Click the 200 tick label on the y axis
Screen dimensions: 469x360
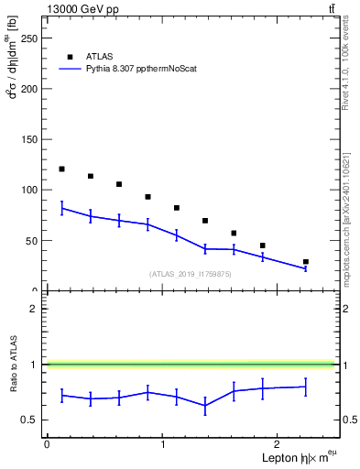tap(32, 89)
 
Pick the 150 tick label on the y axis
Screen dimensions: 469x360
tap(32, 139)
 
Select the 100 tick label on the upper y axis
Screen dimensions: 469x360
tap(32, 190)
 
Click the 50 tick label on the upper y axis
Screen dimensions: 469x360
tap(35, 240)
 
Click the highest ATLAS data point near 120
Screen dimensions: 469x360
tap(61, 169)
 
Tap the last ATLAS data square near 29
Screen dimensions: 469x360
tap(306, 262)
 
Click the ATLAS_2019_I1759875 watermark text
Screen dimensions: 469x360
tap(191, 274)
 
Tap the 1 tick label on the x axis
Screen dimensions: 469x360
tap(162, 443)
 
